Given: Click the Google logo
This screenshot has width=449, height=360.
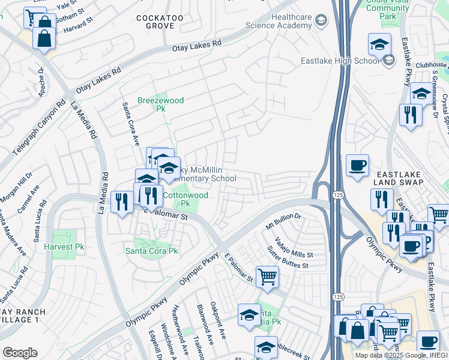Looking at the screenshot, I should (20, 353).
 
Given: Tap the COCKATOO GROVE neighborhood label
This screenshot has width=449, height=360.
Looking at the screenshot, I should (160, 23).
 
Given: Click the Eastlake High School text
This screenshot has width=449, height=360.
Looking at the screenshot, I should (341, 60).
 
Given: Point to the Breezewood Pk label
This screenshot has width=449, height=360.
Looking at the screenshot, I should (152, 105).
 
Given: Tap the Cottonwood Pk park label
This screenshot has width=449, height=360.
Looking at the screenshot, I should (185, 199).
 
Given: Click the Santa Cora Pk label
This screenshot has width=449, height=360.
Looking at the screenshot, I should (151, 251).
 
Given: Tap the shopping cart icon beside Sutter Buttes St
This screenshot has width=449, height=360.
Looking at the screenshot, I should (267, 277).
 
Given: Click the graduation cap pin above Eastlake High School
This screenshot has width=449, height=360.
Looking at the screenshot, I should (379, 44).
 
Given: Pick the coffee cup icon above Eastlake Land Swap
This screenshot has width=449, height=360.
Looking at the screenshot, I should (357, 166).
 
